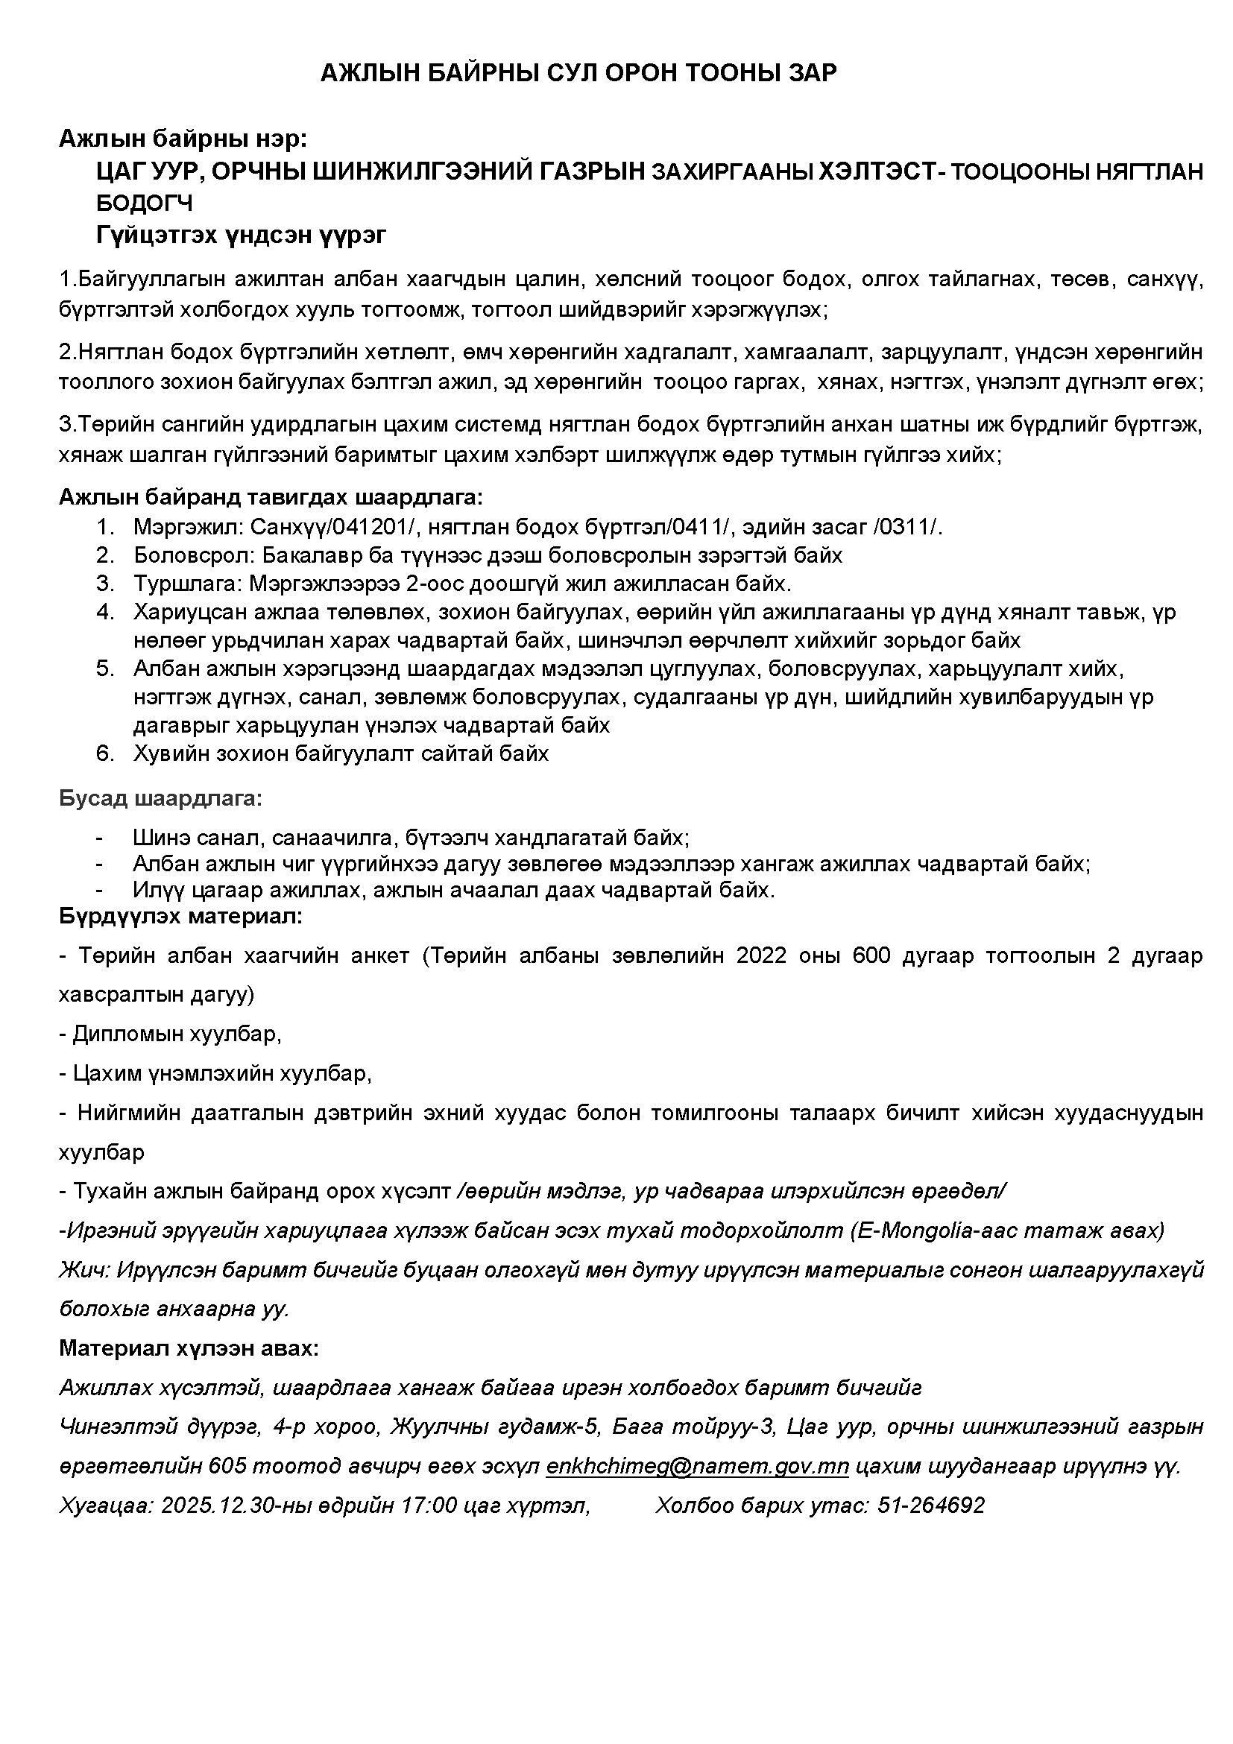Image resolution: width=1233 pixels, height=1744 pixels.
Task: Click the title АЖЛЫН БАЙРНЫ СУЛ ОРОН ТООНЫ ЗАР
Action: pos(578,73)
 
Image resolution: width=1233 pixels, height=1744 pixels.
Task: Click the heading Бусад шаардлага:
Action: pos(160,799)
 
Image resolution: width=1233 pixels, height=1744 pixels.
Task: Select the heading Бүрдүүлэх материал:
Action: pos(181,916)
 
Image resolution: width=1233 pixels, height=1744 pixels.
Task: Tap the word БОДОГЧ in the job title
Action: pos(145,203)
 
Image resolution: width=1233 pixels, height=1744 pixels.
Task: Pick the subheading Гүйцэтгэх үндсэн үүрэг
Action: pos(241,236)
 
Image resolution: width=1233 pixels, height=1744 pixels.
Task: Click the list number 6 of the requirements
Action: pos(104,753)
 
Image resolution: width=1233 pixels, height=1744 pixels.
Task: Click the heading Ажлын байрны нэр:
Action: pos(183,139)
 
